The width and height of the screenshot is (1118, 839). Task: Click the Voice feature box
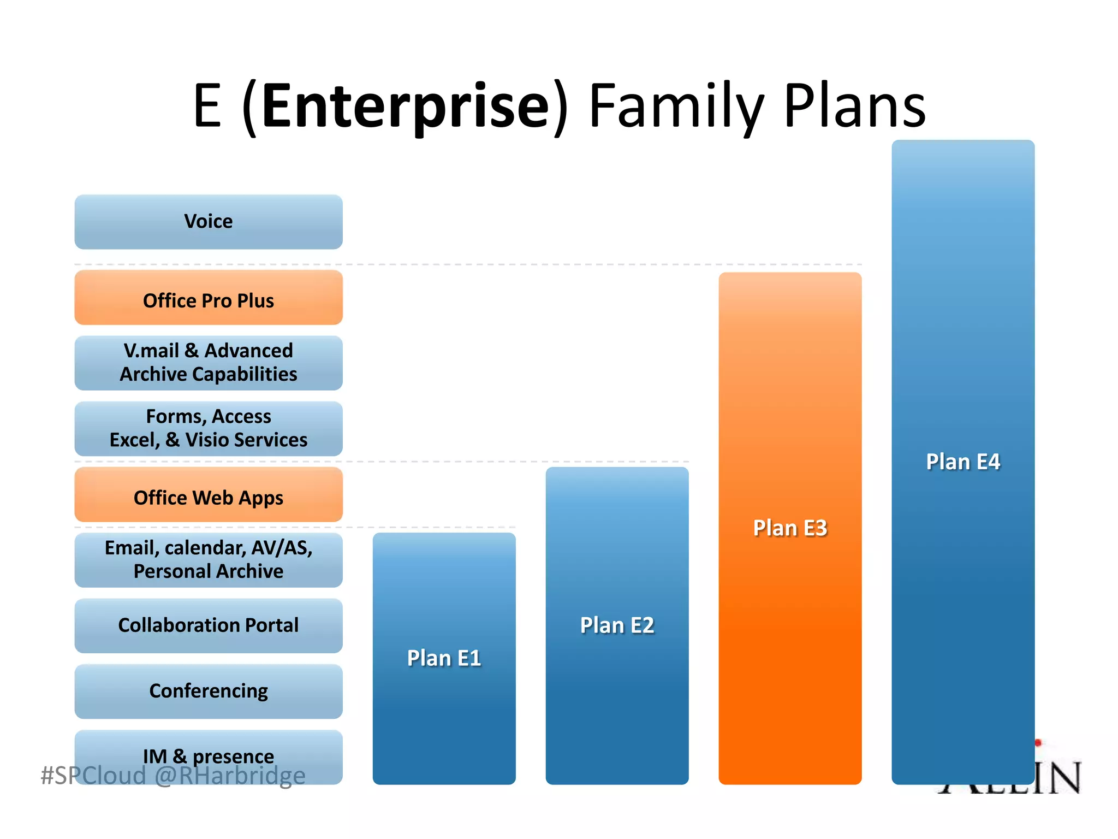click(209, 222)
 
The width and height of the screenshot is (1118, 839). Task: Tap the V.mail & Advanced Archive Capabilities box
click(209, 363)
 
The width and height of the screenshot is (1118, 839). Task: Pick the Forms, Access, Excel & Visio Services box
click(209, 428)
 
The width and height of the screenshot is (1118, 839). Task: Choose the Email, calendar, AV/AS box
click(209, 560)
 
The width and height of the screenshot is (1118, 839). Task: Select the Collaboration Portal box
click(209, 625)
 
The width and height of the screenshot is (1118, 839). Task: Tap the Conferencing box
click(209, 691)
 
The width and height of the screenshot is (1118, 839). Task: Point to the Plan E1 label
click(444, 658)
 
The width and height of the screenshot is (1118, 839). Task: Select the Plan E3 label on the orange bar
click(790, 528)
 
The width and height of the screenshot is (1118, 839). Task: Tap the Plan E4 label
click(963, 462)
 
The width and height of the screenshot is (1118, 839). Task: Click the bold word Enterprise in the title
click(405, 105)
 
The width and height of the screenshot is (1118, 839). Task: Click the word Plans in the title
click(854, 105)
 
